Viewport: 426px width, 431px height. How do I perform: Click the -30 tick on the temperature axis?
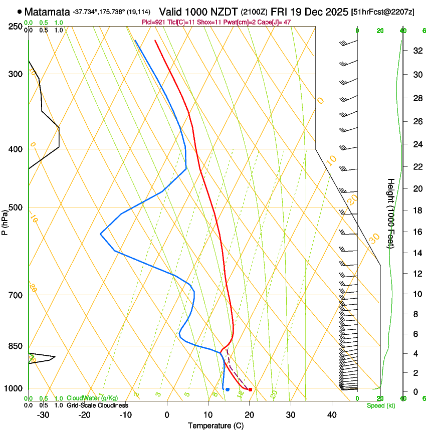click(43, 414)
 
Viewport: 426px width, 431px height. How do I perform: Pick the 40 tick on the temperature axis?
click(331, 414)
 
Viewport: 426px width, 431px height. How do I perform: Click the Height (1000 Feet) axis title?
click(391, 213)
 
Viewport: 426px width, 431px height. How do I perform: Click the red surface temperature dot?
click(250, 389)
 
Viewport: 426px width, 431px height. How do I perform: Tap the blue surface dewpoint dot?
click(228, 389)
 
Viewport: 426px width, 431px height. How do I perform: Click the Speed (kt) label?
click(381, 405)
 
